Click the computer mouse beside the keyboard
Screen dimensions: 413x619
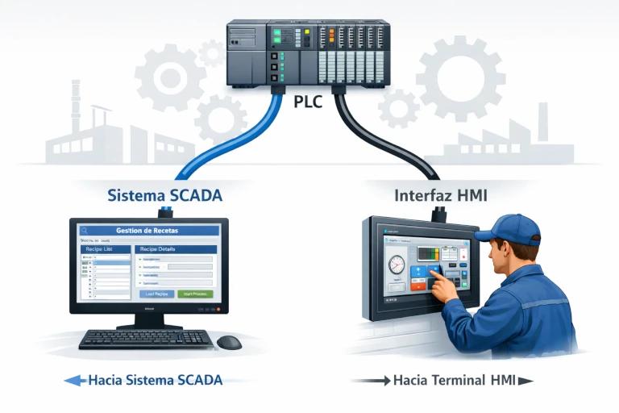(x=229, y=342)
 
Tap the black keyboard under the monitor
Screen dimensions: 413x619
(x=146, y=339)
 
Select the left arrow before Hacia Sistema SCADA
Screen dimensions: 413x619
(x=73, y=380)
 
